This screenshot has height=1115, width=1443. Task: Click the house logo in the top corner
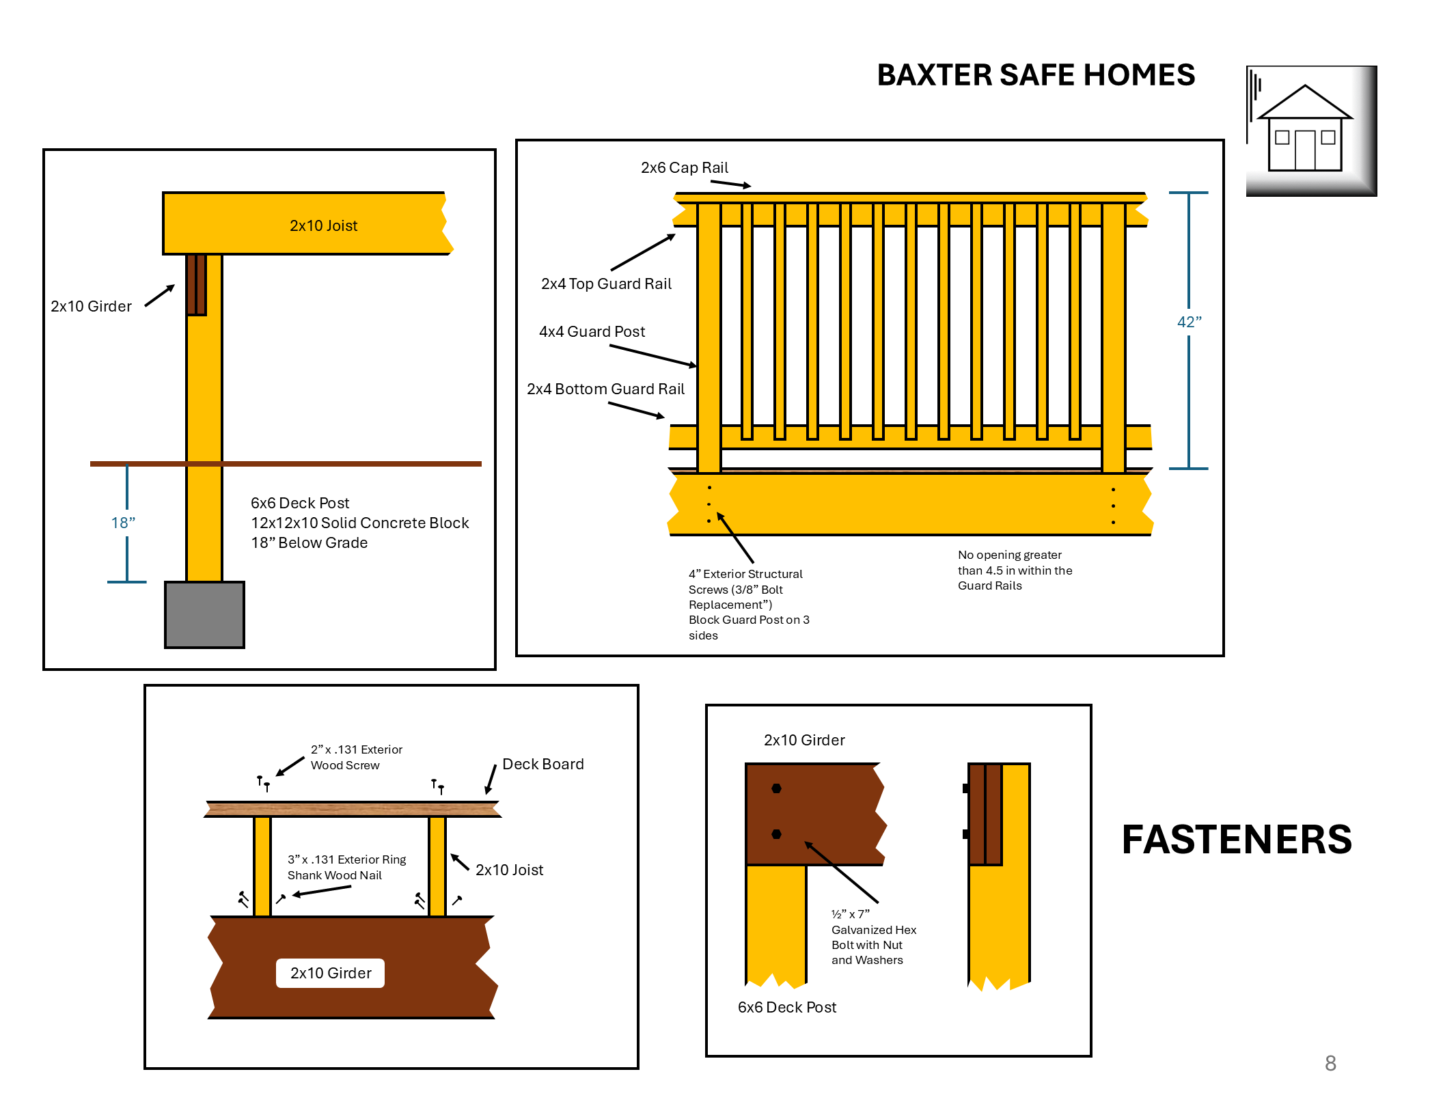(1310, 131)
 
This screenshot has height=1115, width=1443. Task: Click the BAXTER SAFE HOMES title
(1035, 75)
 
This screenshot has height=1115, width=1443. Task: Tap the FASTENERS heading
(1236, 840)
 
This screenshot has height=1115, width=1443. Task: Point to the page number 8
(1330, 1063)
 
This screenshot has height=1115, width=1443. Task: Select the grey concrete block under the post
(204, 614)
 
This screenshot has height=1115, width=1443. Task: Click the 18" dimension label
(123, 523)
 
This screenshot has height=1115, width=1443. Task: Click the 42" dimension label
(1189, 322)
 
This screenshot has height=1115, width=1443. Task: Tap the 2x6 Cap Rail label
(684, 168)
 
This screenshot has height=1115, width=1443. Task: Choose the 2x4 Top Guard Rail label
(606, 284)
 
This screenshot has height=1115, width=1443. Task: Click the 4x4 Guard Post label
(592, 332)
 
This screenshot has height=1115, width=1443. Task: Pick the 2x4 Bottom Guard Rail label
(605, 389)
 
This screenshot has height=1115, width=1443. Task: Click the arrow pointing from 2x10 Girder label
(160, 297)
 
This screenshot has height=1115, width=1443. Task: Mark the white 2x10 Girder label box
(330, 973)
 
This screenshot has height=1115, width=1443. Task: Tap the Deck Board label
(542, 765)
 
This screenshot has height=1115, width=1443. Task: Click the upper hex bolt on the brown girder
(776, 788)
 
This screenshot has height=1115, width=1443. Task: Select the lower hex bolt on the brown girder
(776, 834)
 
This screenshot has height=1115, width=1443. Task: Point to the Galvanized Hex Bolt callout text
(873, 937)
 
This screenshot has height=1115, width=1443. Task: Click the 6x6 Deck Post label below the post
(786, 1008)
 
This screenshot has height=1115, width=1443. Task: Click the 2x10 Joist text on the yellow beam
(323, 226)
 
